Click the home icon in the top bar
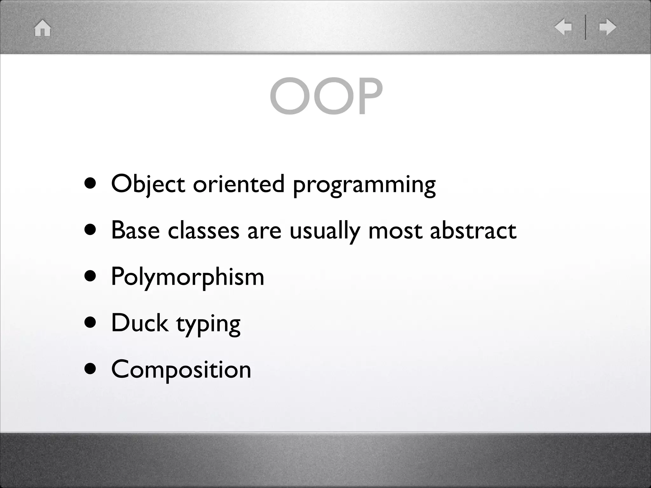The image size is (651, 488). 43,28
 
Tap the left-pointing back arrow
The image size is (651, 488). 563,27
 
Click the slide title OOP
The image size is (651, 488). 326,96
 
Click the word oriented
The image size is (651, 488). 238,184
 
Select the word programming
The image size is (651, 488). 364,186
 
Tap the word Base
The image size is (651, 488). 135,230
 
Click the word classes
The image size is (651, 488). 203,230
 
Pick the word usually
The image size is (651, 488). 325,231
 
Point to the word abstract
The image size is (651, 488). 473,230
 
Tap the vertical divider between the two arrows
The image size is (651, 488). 585,27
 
